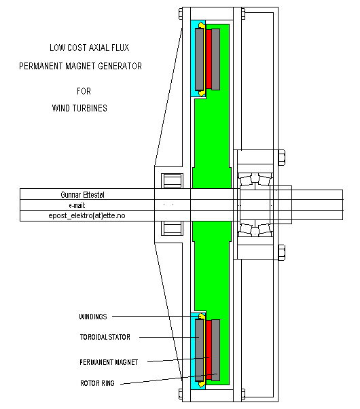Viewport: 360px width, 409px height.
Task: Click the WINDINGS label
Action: pos(93,317)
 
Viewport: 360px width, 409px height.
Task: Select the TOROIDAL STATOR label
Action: pos(105,337)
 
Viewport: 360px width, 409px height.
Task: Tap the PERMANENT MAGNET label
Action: pos(109,362)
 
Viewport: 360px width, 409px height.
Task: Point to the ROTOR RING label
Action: pos(97,383)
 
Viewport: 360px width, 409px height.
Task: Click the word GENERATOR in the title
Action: pos(120,66)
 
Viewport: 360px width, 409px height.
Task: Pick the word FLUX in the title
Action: pos(120,48)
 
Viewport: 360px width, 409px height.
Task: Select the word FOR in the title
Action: pos(84,91)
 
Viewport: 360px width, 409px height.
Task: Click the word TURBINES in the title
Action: pos(90,108)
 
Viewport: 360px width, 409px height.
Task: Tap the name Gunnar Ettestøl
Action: pos(82,194)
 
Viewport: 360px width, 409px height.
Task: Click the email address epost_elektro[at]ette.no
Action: pos(87,216)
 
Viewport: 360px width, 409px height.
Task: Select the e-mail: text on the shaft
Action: pos(77,206)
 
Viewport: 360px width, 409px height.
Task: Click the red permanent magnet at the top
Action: pos(209,59)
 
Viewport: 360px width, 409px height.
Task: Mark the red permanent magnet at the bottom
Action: pos(209,350)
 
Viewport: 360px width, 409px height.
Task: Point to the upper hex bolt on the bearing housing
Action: pos(281,158)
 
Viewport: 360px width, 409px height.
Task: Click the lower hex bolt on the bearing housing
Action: pos(281,253)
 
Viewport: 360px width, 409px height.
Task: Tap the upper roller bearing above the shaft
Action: pos(255,179)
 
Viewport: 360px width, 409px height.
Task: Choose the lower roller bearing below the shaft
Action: pos(255,230)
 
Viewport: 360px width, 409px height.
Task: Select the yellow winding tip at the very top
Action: pos(201,25)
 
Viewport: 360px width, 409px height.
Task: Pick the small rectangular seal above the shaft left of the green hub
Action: pos(172,181)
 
